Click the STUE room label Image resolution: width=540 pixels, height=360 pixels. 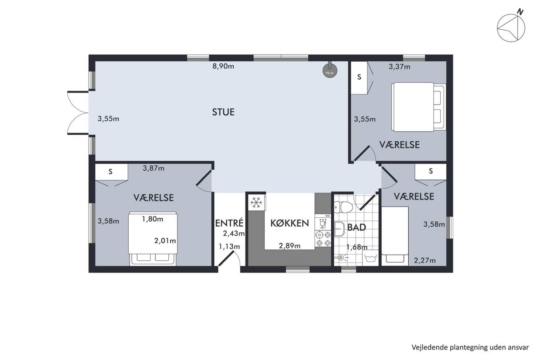coord(223,112)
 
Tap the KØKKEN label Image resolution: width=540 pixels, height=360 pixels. coord(290,224)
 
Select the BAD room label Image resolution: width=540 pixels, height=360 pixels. coord(357,227)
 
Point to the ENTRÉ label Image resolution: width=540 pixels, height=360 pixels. coord(229,223)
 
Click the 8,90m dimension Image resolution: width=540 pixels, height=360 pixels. coord(223,66)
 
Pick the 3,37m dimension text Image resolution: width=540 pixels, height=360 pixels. coord(400,67)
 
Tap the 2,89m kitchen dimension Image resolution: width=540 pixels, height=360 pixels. coord(290,246)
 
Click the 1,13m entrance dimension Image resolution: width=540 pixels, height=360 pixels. coord(229,247)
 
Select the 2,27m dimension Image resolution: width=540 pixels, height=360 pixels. coord(425,260)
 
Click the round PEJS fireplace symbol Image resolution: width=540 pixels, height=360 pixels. coord(330,70)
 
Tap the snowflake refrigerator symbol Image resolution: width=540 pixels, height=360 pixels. coord(256,203)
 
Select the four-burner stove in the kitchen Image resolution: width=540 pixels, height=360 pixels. coord(323,238)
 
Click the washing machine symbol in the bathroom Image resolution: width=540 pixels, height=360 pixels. coord(371,258)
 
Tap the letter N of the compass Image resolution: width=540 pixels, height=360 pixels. coord(521,12)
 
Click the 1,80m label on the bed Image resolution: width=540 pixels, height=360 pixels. coord(152,219)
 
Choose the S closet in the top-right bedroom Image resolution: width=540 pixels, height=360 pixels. coord(359,77)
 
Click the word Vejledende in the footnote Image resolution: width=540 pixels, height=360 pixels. coord(426,347)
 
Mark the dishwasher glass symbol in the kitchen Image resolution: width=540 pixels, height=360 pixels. coord(323,224)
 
